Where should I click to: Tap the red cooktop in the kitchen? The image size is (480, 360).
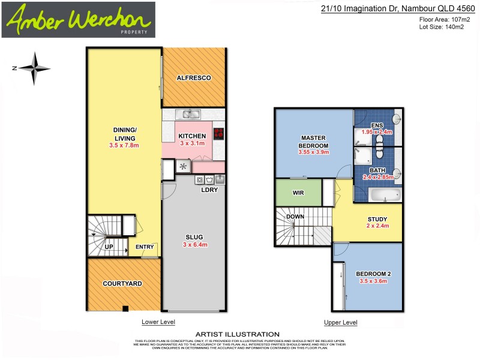click(218, 133)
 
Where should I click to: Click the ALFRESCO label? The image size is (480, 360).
click(193, 78)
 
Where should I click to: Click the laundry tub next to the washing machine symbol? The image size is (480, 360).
click(220, 179)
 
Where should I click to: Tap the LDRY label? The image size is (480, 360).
click(209, 190)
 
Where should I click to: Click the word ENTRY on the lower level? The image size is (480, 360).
click(145, 247)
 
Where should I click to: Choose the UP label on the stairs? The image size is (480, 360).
click(110, 247)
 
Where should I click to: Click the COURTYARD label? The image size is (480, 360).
click(122, 283)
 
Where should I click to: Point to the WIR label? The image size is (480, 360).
click(298, 193)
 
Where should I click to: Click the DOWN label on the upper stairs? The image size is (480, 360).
click(295, 217)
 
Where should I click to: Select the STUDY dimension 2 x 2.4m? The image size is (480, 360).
click(377, 226)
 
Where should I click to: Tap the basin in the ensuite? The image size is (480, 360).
click(398, 119)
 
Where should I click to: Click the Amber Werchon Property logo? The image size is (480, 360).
click(78, 20)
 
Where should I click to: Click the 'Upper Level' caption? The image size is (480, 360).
click(340, 322)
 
